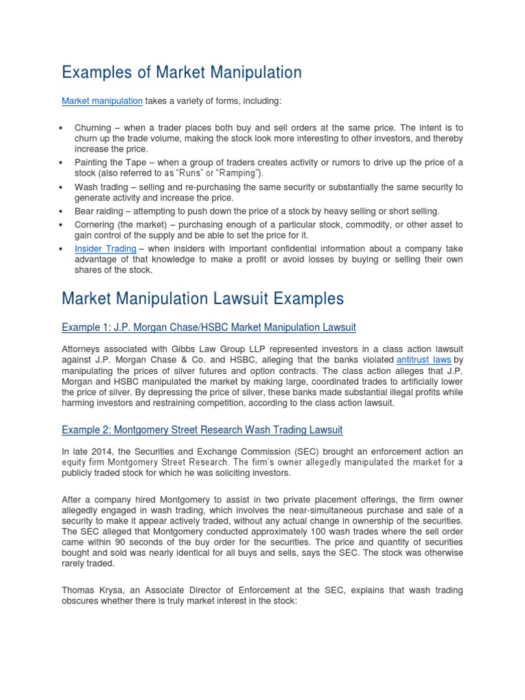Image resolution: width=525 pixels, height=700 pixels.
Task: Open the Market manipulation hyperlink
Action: click(x=102, y=101)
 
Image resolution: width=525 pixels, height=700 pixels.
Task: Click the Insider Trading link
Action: click(x=105, y=249)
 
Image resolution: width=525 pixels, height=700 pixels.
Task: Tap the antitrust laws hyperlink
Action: click(x=423, y=359)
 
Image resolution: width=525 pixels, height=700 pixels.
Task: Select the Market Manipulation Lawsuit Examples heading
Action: click(x=203, y=299)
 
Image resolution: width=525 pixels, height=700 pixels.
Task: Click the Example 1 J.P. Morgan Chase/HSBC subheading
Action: click(x=208, y=328)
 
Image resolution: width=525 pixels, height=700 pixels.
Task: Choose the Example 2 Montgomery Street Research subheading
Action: click(x=202, y=430)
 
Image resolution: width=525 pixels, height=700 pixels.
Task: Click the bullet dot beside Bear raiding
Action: click(x=62, y=211)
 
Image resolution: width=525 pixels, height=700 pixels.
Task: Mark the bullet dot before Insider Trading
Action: click(x=62, y=249)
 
